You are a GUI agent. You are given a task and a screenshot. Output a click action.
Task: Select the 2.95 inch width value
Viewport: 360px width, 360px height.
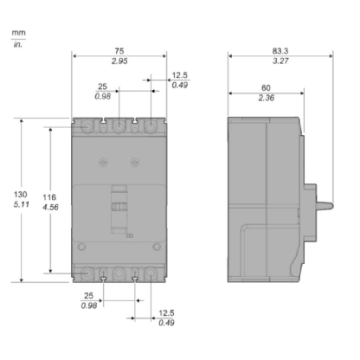pyautogui.click(x=119, y=63)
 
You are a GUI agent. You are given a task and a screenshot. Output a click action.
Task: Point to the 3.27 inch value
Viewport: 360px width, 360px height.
pyautogui.click(x=280, y=63)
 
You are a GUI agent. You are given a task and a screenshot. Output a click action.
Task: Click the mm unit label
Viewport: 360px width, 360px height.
pyautogui.click(x=17, y=34)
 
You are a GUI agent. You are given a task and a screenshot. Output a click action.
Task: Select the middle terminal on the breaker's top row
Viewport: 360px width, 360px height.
pyautogui.click(x=119, y=128)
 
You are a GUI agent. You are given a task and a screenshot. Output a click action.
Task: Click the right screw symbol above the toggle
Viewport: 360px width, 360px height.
pyautogui.click(x=133, y=161)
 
